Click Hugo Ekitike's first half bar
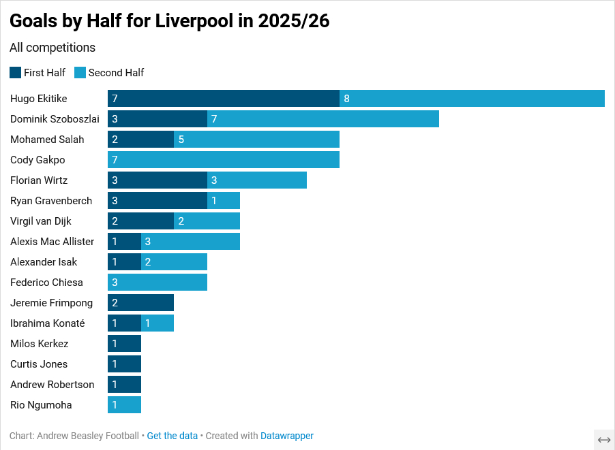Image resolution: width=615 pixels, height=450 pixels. pyautogui.click(x=224, y=99)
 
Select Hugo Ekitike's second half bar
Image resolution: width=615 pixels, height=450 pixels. pyautogui.click(x=472, y=99)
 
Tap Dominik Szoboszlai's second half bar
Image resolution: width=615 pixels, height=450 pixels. pyautogui.click(x=323, y=119)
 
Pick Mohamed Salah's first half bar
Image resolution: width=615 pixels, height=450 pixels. pyautogui.click(x=140, y=140)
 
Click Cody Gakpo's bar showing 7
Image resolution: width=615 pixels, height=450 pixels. pyautogui.click(x=224, y=160)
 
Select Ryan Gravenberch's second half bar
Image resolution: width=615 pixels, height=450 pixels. pyautogui.click(x=224, y=201)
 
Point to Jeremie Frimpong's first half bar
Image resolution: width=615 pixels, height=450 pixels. pyautogui.click(x=140, y=303)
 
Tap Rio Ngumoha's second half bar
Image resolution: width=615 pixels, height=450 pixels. pyautogui.click(x=124, y=405)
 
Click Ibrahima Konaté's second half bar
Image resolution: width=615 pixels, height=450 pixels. pyautogui.click(x=157, y=323)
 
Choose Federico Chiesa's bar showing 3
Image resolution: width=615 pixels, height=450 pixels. pyautogui.click(x=157, y=283)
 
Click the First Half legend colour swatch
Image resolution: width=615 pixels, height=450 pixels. pyautogui.click(x=15, y=73)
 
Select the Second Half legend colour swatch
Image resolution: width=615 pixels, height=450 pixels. pyautogui.click(x=80, y=73)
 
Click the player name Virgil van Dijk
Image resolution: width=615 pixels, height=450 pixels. pyautogui.click(x=41, y=221)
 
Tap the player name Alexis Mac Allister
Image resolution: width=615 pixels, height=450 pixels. pyautogui.click(x=52, y=242)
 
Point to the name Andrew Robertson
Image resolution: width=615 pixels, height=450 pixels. pyautogui.click(x=52, y=385)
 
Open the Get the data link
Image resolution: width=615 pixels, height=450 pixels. pyautogui.click(x=172, y=436)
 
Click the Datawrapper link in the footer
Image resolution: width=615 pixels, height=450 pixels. pyautogui.click(x=287, y=436)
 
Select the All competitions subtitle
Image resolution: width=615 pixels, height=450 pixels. pyautogui.click(x=52, y=48)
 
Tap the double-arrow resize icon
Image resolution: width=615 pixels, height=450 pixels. pyautogui.click(x=604, y=440)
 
